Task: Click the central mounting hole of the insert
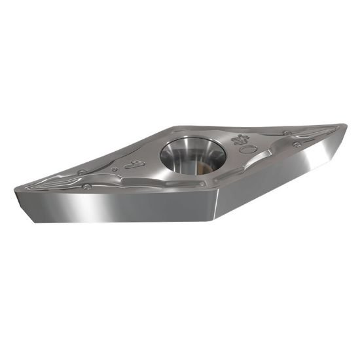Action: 190,151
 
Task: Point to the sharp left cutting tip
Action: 16,190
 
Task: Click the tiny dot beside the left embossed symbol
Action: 115,170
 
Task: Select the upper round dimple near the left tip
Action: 81,173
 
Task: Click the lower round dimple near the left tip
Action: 87,187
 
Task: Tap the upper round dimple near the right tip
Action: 287,134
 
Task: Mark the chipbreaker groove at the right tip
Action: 321,134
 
